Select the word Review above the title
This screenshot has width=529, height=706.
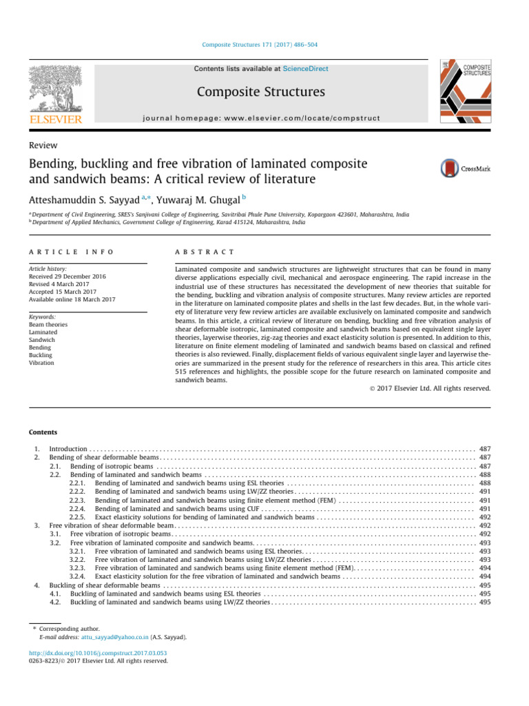pos(43,145)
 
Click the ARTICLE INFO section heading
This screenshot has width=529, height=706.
pos(71,253)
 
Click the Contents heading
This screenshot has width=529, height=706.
pos(43,432)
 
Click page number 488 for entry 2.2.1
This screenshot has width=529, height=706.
pos(484,483)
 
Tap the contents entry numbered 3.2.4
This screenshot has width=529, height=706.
pos(217,576)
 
